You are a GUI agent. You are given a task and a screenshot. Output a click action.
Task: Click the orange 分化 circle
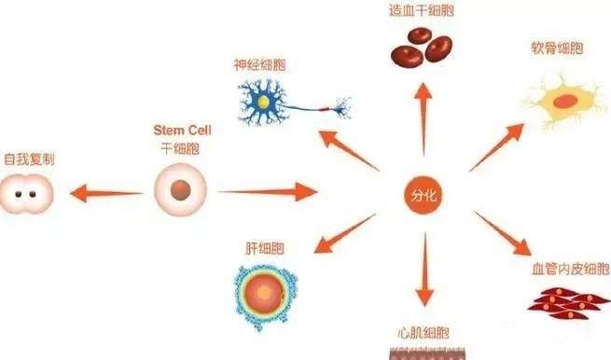point(424,195)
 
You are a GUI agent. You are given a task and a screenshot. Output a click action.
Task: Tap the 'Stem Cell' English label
point(182,131)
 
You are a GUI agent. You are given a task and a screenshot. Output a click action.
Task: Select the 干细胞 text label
point(180,148)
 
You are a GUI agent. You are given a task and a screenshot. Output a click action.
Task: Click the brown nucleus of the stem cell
point(180,190)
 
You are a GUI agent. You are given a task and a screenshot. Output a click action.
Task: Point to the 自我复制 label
point(29,159)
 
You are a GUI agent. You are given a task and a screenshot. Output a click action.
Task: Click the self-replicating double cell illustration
point(26,194)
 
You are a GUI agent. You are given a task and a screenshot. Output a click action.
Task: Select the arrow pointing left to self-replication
point(106,193)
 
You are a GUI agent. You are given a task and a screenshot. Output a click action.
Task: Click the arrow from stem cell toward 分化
point(268,192)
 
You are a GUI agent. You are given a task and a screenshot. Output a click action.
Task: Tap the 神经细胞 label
point(259,65)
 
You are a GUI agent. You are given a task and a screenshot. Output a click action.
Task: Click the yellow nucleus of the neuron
point(263,102)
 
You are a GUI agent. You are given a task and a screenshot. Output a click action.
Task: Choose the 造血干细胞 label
point(422,10)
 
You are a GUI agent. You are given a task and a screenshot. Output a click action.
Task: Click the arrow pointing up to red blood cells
point(424,118)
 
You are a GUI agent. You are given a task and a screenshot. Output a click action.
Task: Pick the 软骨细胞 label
point(558,48)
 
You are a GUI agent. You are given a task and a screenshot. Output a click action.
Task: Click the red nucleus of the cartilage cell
point(566,102)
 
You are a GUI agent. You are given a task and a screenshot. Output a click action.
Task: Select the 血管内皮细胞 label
point(571,269)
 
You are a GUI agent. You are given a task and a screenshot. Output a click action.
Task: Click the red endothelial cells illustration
point(569,303)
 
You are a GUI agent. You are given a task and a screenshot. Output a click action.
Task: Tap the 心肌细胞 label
point(424,333)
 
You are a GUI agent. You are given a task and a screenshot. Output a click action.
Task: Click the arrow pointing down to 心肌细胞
point(424,270)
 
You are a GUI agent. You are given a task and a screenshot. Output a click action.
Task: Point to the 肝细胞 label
point(265,249)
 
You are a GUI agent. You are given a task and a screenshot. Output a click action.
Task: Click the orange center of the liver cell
point(264,293)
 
